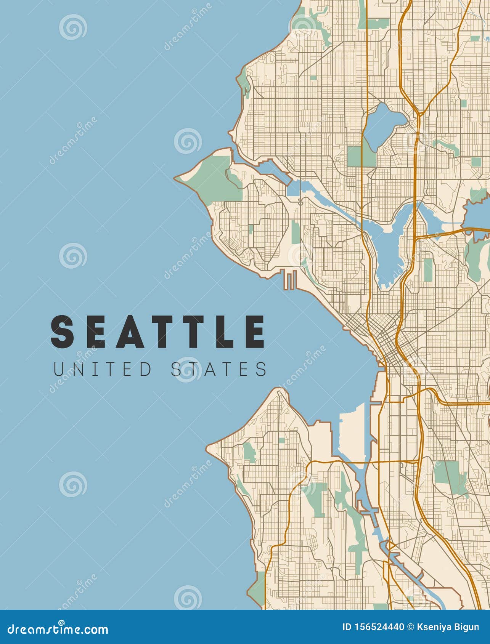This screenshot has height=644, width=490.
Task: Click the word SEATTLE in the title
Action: [157, 332]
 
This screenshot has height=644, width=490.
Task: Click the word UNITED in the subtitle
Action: [102, 369]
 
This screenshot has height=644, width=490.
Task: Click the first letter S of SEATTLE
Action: [62, 332]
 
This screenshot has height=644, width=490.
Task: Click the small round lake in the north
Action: [383, 122]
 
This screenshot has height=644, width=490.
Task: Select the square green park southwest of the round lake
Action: [356, 156]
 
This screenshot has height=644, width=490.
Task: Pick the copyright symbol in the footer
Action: [411, 626]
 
